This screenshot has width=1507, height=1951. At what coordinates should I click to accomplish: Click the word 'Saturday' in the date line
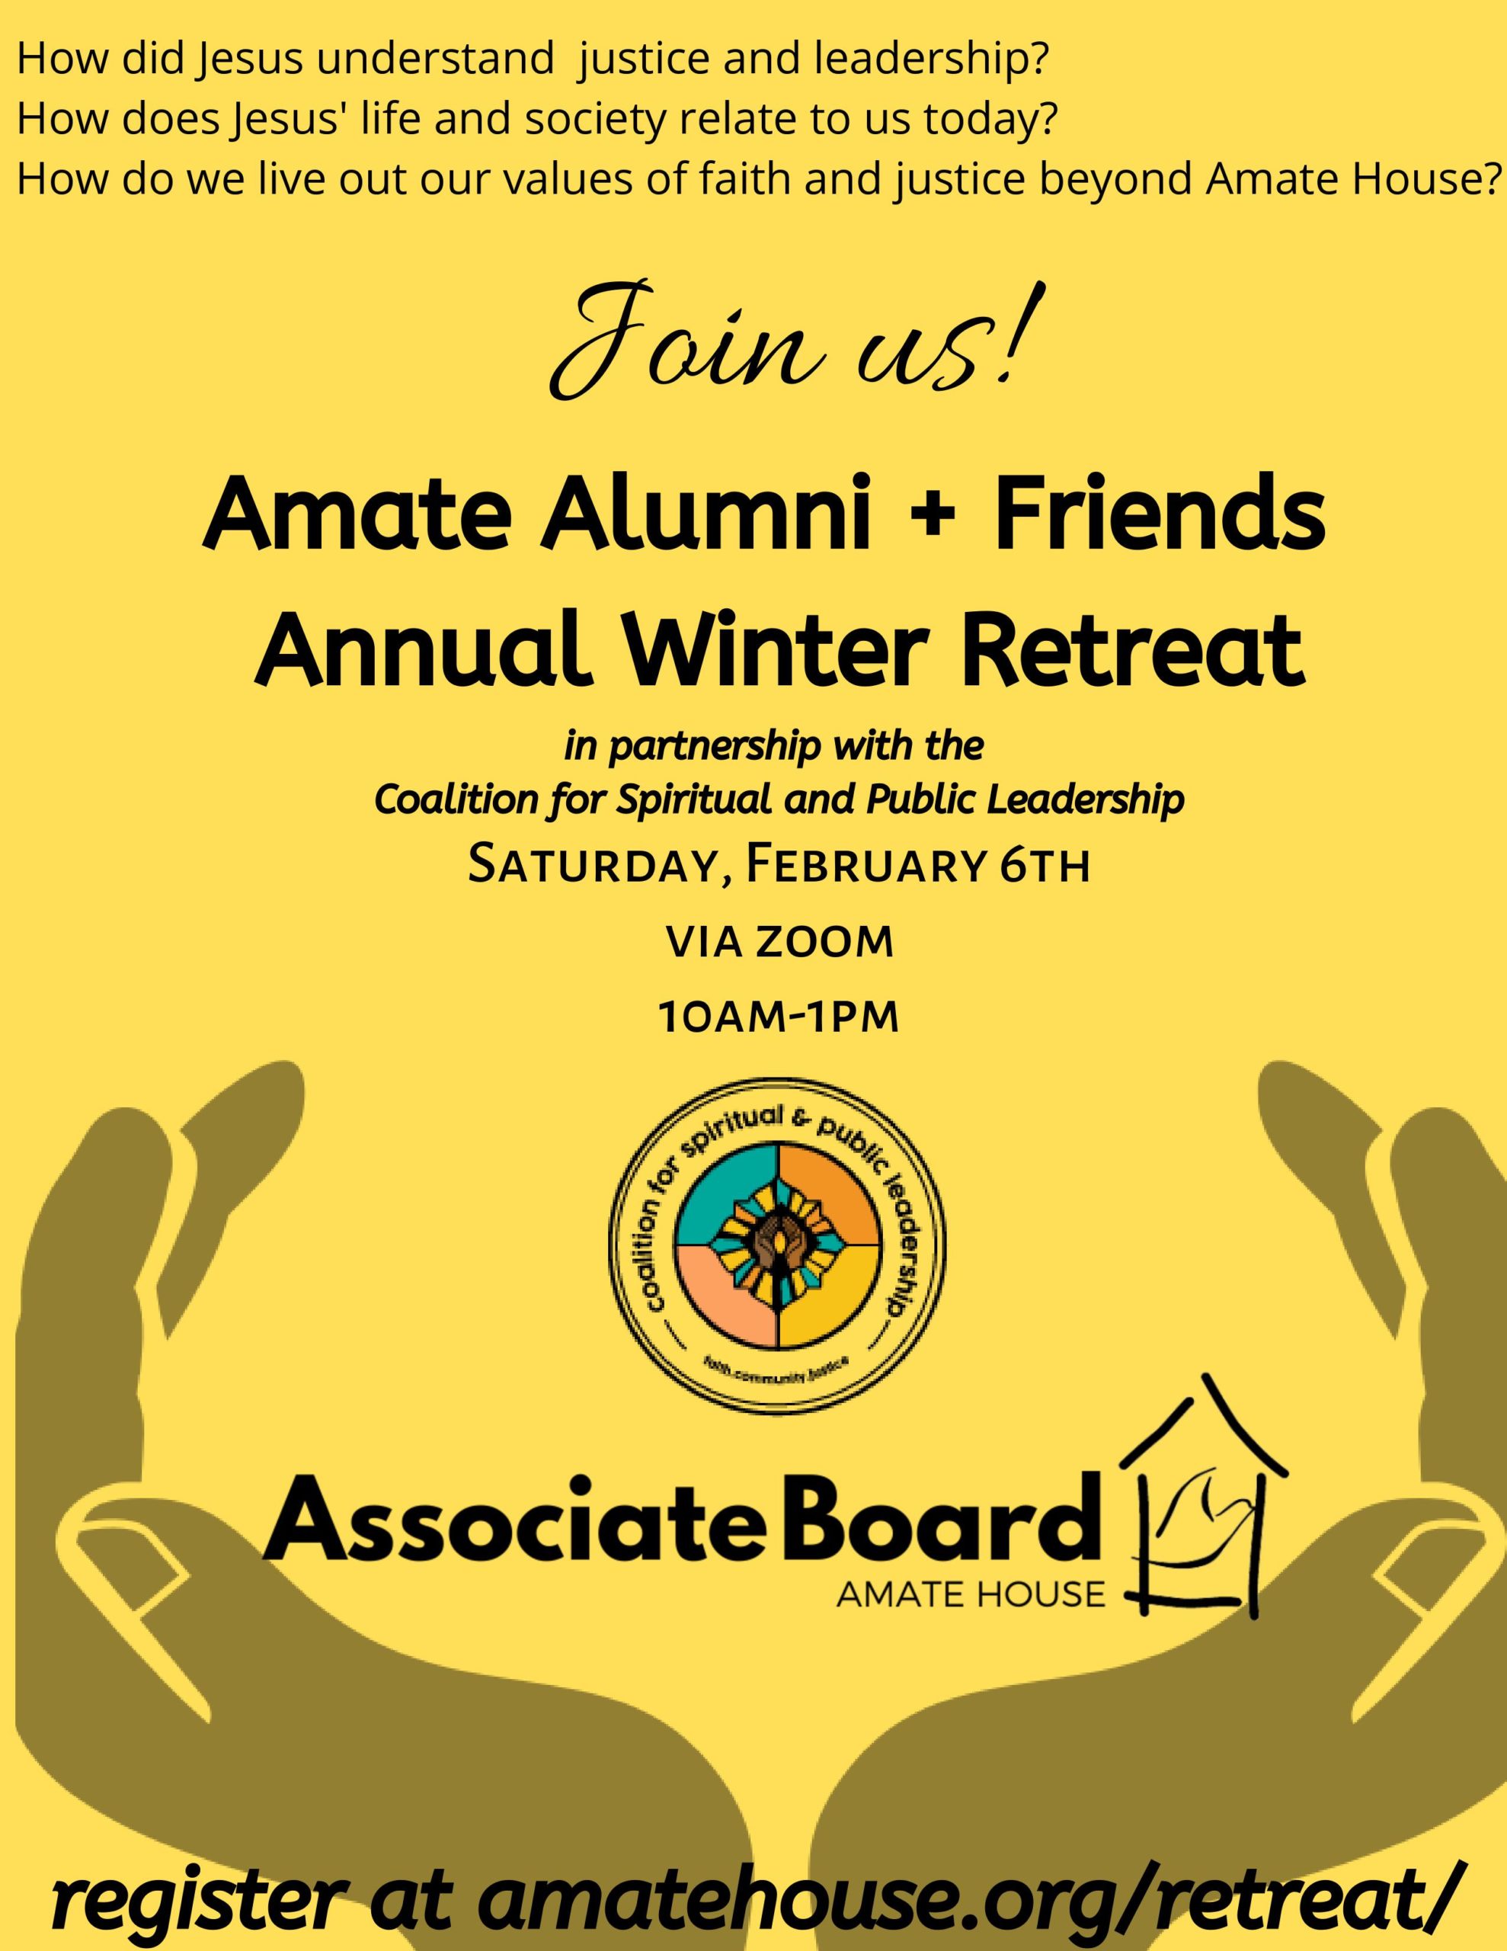(594, 868)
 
